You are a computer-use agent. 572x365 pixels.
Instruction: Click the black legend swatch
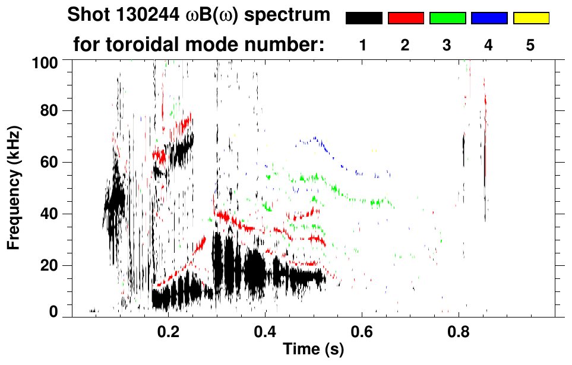click(x=364, y=18)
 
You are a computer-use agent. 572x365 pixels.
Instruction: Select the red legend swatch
click(x=406, y=18)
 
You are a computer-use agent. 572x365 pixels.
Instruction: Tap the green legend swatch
click(x=447, y=18)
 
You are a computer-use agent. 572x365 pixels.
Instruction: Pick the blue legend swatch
click(x=489, y=18)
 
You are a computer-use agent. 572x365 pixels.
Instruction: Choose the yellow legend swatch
click(x=531, y=18)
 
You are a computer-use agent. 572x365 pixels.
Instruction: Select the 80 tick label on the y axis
click(x=50, y=110)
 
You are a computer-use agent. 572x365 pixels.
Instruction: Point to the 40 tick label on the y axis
click(x=50, y=214)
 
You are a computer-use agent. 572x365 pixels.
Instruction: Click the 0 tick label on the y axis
click(x=53, y=312)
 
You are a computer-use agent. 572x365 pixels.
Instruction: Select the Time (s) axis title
click(x=313, y=350)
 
